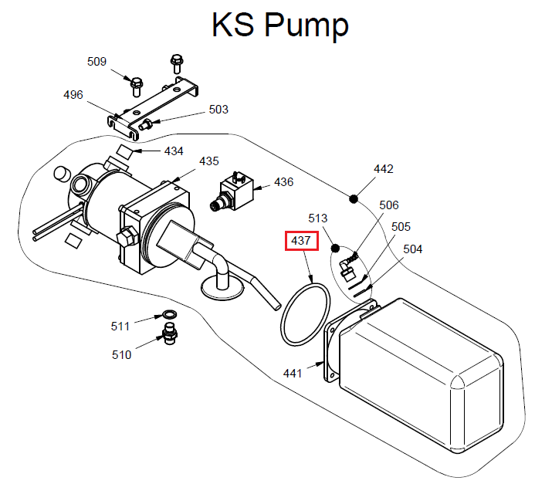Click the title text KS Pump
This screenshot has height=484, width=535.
pos(279,25)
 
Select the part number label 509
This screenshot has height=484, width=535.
pos(97,62)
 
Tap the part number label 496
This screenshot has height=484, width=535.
pos(73,95)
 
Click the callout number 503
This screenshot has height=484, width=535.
pos(218,110)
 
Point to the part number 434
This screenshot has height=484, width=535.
pos(174,151)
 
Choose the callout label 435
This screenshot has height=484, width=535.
pos(209,161)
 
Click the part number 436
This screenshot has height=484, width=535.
pos(284,183)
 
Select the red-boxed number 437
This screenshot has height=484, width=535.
pos(300,241)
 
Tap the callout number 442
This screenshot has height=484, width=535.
pos(384,168)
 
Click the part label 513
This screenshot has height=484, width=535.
pos(318,218)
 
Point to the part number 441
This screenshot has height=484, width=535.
pos(293,374)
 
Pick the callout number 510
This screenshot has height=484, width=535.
pos(122,355)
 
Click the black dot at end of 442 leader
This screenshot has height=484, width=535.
pos(354,198)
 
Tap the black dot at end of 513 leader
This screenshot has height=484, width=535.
pos(336,249)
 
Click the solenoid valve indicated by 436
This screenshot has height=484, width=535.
pos(233,191)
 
